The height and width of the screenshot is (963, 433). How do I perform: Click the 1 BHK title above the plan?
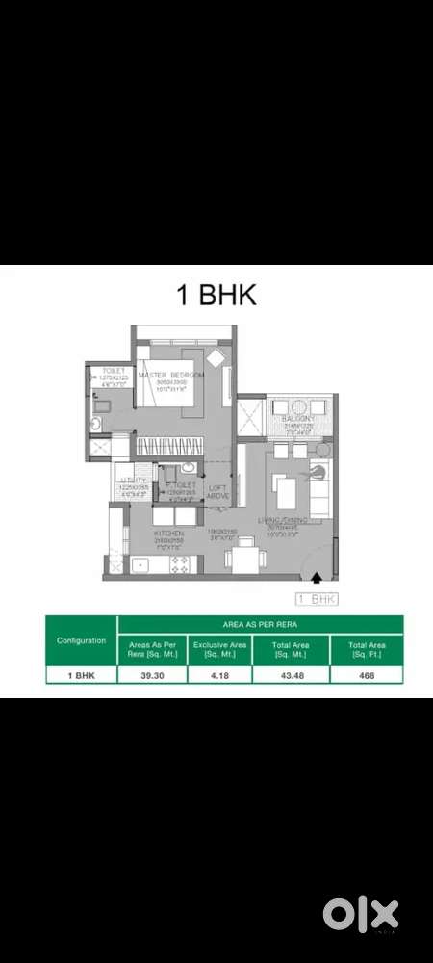coord(216,296)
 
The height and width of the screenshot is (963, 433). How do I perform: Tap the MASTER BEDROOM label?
coord(171,374)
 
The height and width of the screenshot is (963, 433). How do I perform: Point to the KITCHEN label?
coord(169,533)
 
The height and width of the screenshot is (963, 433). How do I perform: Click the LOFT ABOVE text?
coord(218,492)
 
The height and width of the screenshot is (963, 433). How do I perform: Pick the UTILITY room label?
coord(133,479)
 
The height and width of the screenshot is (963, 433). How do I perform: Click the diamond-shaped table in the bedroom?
coord(216,357)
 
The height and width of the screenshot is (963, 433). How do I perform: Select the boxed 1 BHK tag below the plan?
coord(318,599)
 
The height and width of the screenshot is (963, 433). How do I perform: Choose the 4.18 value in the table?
coord(218,675)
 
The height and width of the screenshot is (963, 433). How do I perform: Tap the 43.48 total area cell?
coord(290,675)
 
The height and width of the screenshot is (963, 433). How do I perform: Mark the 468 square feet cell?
coord(366,675)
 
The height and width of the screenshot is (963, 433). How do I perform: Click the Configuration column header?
coord(82,640)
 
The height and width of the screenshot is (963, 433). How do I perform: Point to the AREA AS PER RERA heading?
coord(259,624)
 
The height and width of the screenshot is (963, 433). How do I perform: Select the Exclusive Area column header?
coord(218,650)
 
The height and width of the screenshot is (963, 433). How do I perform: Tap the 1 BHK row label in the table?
coord(82,675)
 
